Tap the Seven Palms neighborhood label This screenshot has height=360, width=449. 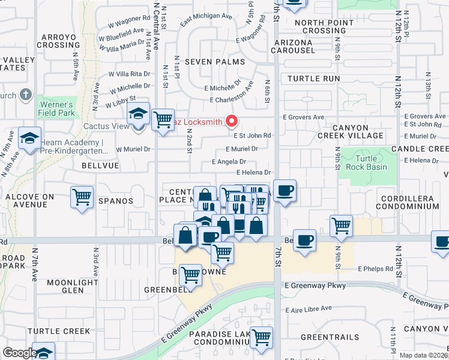[214, 62]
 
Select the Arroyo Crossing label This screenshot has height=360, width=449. [58, 41]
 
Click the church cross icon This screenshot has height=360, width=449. [25, 95]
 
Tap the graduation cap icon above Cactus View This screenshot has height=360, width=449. [138, 114]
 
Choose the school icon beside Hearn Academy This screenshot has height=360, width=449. [29, 139]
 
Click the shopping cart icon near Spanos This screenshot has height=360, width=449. [82, 197]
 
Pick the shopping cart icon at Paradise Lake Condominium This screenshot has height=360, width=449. [261, 338]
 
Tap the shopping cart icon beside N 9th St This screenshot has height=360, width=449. [341, 226]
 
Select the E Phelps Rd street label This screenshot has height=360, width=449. [376, 269]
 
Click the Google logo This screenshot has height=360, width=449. [19, 353]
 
